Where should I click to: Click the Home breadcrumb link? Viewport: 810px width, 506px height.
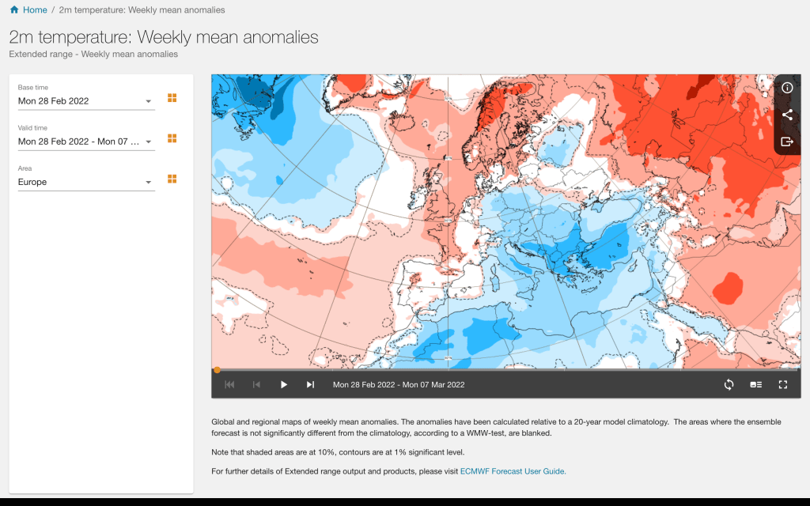(x=35, y=9)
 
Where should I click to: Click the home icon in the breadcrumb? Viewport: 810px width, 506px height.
(x=14, y=9)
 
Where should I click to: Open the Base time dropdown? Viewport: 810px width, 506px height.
(x=86, y=100)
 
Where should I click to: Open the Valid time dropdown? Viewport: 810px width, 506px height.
(x=86, y=142)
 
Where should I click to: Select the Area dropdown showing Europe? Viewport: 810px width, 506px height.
(x=86, y=182)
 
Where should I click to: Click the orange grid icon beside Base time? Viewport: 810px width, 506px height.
(x=172, y=98)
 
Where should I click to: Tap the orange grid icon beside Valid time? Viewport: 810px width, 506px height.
(x=172, y=138)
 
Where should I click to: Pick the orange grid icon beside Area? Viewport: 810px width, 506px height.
(x=172, y=179)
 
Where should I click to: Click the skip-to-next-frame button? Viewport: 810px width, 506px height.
(x=310, y=384)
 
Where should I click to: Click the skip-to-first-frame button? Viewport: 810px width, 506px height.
(x=229, y=384)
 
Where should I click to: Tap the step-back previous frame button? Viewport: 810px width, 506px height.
(x=256, y=384)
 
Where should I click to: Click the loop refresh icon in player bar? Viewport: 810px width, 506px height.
(x=729, y=384)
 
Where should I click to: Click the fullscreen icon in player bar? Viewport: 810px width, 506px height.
(x=783, y=384)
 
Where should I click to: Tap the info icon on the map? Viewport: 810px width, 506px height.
(x=787, y=88)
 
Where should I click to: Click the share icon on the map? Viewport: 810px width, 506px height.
(x=787, y=115)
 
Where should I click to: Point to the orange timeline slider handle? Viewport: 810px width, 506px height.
(x=217, y=369)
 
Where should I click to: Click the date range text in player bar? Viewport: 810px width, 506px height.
(x=399, y=385)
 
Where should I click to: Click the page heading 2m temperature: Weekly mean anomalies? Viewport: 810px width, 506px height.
(x=164, y=37)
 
